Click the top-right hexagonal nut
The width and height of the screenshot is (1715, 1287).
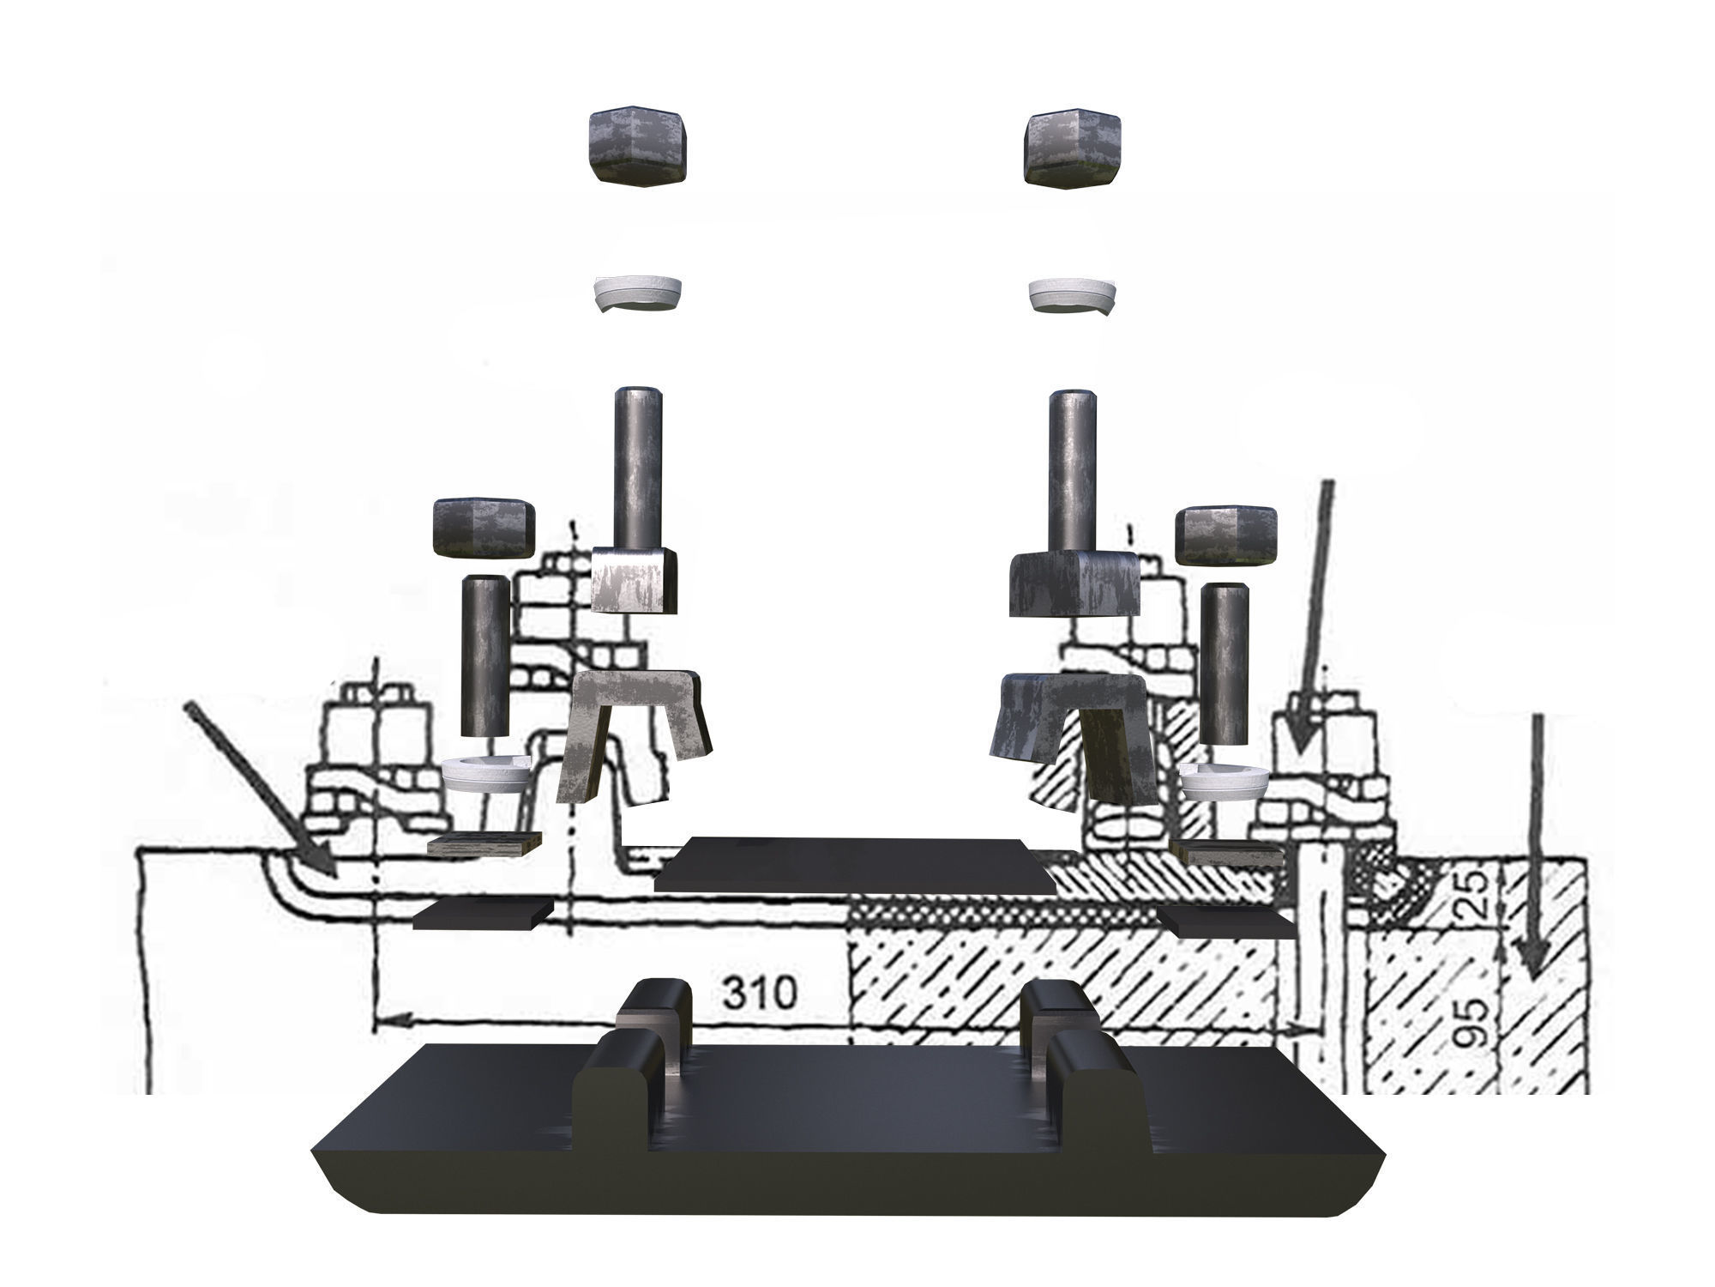(1073, 148)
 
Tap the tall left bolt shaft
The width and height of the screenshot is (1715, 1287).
(635, 468)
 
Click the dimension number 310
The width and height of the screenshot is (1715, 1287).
(758, 993)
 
